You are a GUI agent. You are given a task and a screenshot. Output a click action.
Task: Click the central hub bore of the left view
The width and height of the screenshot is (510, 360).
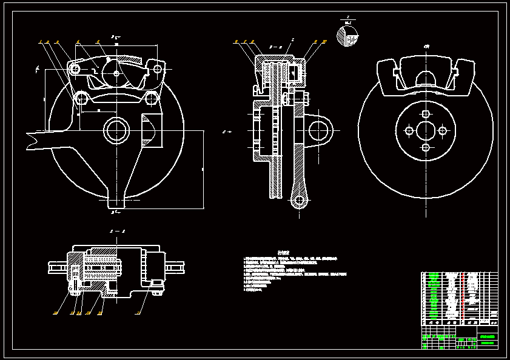tap(115, 129)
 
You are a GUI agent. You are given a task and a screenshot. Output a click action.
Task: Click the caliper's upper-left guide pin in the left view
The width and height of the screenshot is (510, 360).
tap(75, 70)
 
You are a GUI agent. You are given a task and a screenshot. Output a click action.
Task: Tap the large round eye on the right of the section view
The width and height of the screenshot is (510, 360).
tap(319, 129)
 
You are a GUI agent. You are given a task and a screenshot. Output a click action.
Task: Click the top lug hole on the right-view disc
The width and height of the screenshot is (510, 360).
tap(426, 114)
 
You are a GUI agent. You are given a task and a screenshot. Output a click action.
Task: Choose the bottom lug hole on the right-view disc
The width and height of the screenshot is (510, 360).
tap(426, 147)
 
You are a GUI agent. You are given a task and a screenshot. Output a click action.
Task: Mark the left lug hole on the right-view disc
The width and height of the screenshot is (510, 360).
tap(409, 130)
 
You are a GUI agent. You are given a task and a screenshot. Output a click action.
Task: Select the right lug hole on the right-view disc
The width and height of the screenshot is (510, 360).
tap(442, 130)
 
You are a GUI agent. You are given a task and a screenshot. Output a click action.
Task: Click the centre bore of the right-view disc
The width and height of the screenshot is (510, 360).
tap(426, 130)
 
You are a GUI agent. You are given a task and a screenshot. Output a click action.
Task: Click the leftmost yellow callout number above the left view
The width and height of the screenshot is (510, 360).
tap(39, 42)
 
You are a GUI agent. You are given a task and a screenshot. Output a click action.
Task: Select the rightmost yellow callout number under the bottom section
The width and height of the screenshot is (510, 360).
tap(138, 313)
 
